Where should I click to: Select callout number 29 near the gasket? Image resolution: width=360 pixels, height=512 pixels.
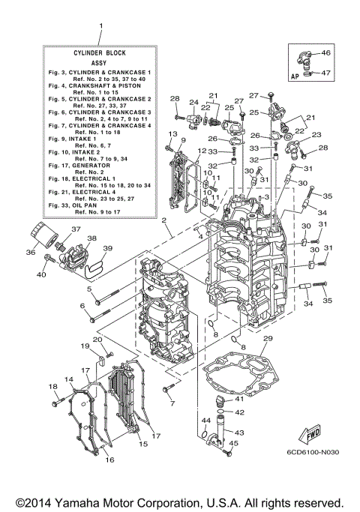pos(268,339)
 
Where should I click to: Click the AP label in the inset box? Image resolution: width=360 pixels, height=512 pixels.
pos(295,76)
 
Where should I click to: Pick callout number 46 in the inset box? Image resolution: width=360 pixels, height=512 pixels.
pos(325,53)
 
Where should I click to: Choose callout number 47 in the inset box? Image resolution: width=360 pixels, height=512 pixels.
pos(325,73)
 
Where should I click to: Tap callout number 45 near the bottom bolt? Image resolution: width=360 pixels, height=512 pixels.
pos(234,444)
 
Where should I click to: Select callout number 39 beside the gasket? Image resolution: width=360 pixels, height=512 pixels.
pos(107,249)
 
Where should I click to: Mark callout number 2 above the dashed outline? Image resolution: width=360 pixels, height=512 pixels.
pos(163,220)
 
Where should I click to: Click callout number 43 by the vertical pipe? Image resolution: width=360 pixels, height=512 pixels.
pos(240,433)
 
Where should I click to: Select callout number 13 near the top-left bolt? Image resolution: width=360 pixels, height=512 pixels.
pos(172,133)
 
